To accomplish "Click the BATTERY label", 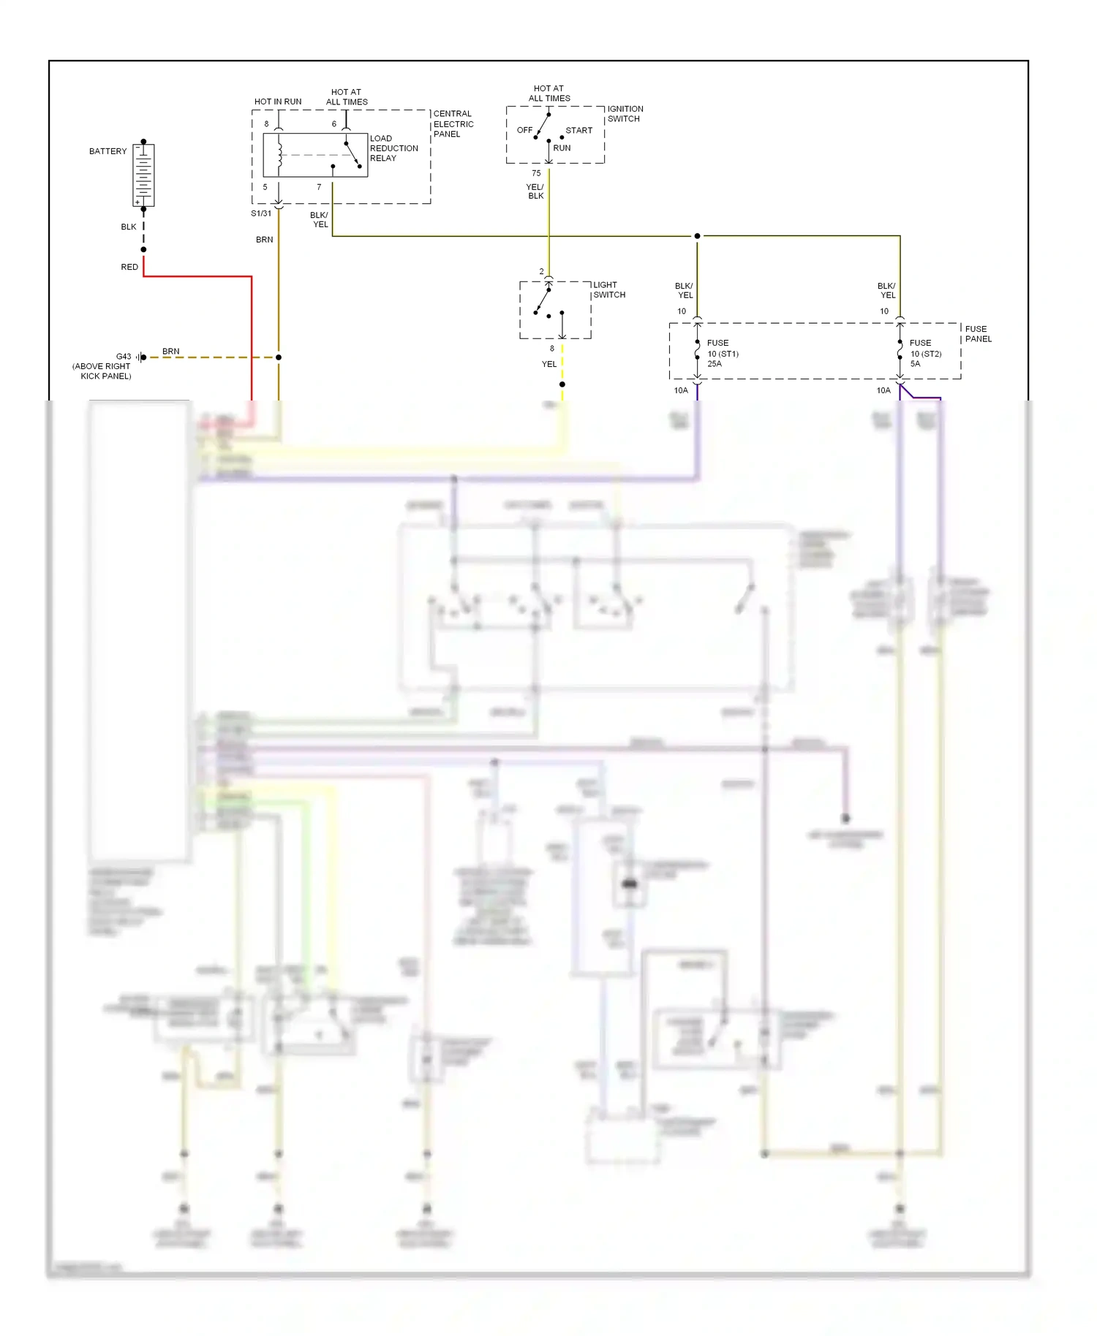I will point(108,151).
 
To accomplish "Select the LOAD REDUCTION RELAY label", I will point(393,148).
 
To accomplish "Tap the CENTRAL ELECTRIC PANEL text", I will point(453,124).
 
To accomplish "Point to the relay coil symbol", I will point(279,155).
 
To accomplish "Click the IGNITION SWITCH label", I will point(625,114).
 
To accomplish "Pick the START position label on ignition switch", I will point(578,131).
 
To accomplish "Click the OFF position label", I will point(524,130).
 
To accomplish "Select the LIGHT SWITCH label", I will point(608,290).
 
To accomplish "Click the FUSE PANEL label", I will point(978,334).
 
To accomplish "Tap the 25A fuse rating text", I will point(714,364).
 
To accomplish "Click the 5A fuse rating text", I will point(915,364).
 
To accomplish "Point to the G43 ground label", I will point(124,357).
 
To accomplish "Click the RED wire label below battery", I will point(129,267).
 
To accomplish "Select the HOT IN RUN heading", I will point(277,102).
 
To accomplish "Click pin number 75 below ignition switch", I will point(536,173).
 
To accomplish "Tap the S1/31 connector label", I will point(261,213).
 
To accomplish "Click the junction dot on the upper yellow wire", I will point(697,236).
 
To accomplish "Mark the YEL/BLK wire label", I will point(535,191).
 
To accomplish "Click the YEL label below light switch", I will point(548,364).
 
